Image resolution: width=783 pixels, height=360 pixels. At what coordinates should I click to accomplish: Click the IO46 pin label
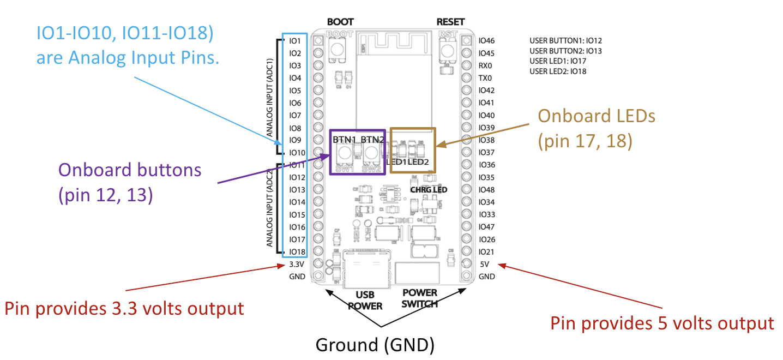(x=486, y=41)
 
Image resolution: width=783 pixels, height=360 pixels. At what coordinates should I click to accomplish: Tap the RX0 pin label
(x=485, y=65)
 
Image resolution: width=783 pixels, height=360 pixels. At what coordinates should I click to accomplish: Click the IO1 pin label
(x=295, y=41)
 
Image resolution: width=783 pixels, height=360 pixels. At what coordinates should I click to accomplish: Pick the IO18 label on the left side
(x=297, y=252)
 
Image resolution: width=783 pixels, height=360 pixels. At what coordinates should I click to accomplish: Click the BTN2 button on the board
(x=372, y=154)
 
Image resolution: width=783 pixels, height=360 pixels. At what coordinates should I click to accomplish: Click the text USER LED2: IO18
(x=558, y=71)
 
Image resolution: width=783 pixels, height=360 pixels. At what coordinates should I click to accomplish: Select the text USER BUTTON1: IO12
(x=565, y=40)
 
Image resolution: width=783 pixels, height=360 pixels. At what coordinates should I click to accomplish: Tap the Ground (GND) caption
(x=375, y=345)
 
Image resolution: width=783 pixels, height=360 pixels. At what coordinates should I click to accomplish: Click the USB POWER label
(x=365, y=301)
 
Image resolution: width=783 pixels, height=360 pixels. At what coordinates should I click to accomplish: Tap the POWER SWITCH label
(x=420, y=298)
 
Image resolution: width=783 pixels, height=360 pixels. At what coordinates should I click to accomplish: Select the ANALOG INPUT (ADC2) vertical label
(x=269, y=207)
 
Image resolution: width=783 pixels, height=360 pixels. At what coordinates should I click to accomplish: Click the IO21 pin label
(x=486, y=252)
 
